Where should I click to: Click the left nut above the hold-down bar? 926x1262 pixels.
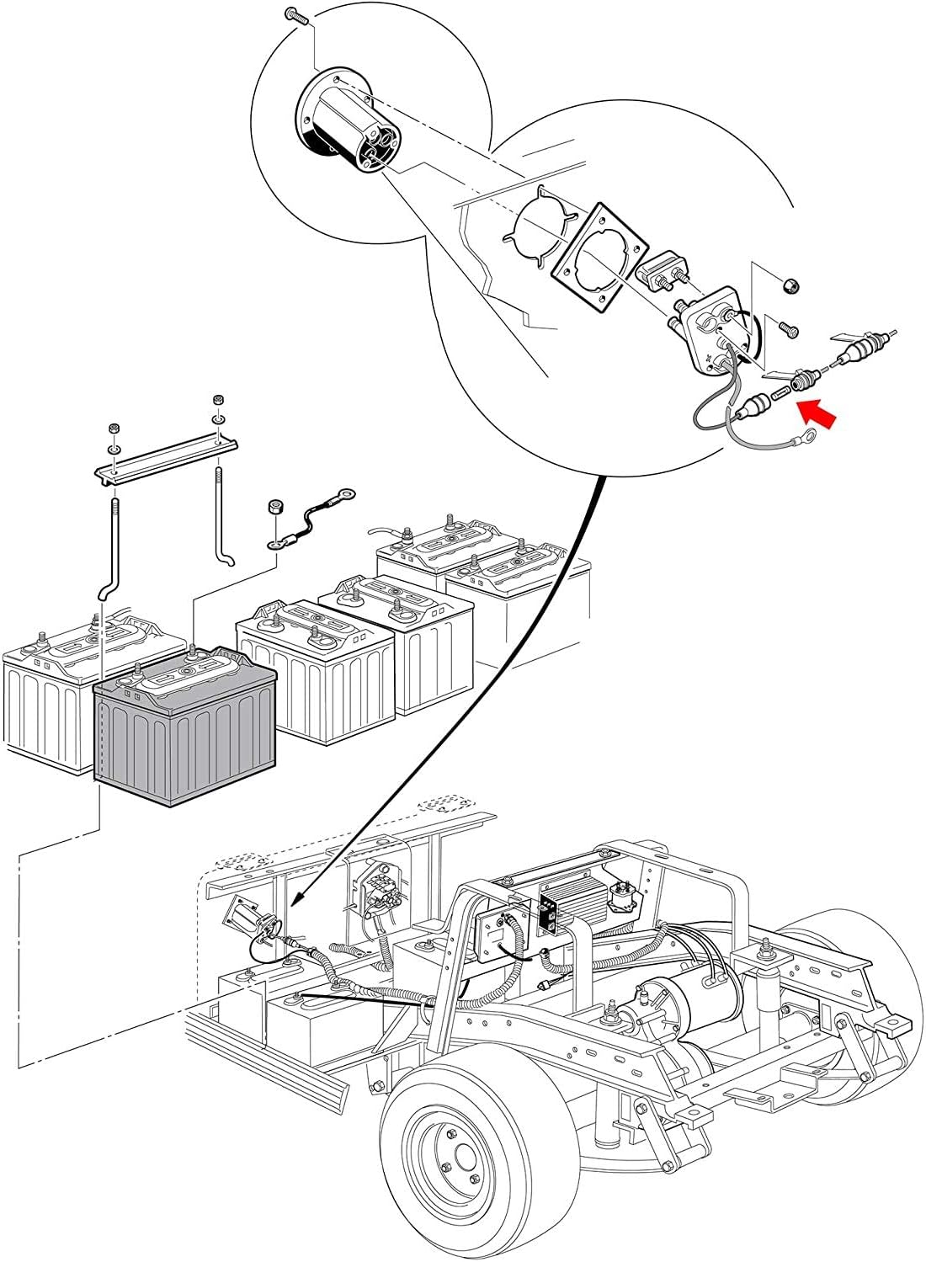[111, 428]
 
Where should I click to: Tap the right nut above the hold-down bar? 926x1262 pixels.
[216, 399]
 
